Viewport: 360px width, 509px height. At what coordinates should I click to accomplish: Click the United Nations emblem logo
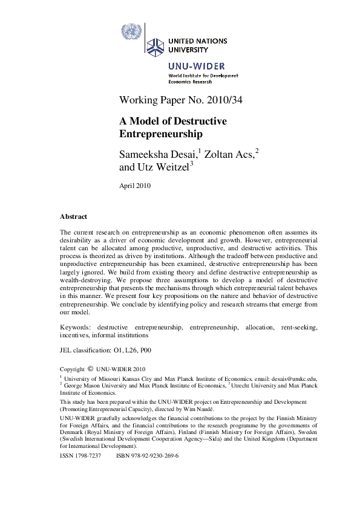tap(130, 31)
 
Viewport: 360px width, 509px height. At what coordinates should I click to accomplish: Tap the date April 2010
tap(136, 186)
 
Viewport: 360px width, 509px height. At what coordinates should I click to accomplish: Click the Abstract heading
tap(73, 216)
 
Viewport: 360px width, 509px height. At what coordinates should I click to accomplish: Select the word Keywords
tap(76, 327)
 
